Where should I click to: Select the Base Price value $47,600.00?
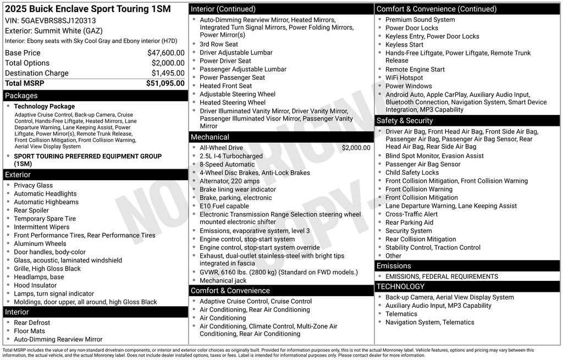(x=165, y=53)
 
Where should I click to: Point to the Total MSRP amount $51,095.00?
(x=165, y=84)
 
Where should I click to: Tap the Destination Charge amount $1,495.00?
(x=168, y=73)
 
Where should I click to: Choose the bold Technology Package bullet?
(x=44, y=107)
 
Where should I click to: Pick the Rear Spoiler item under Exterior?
(x=31, y=211)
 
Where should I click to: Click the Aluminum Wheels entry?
(x=40, y=243)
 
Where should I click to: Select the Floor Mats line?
(x=30, y=331)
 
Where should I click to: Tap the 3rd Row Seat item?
(x=219, y=45)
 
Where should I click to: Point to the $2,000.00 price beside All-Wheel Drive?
(x=356, y=148)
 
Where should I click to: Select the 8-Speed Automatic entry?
(x=227, y=164)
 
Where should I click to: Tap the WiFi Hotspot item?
(x=404, y=78)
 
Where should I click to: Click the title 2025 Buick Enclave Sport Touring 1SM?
(x=88, y=9)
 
